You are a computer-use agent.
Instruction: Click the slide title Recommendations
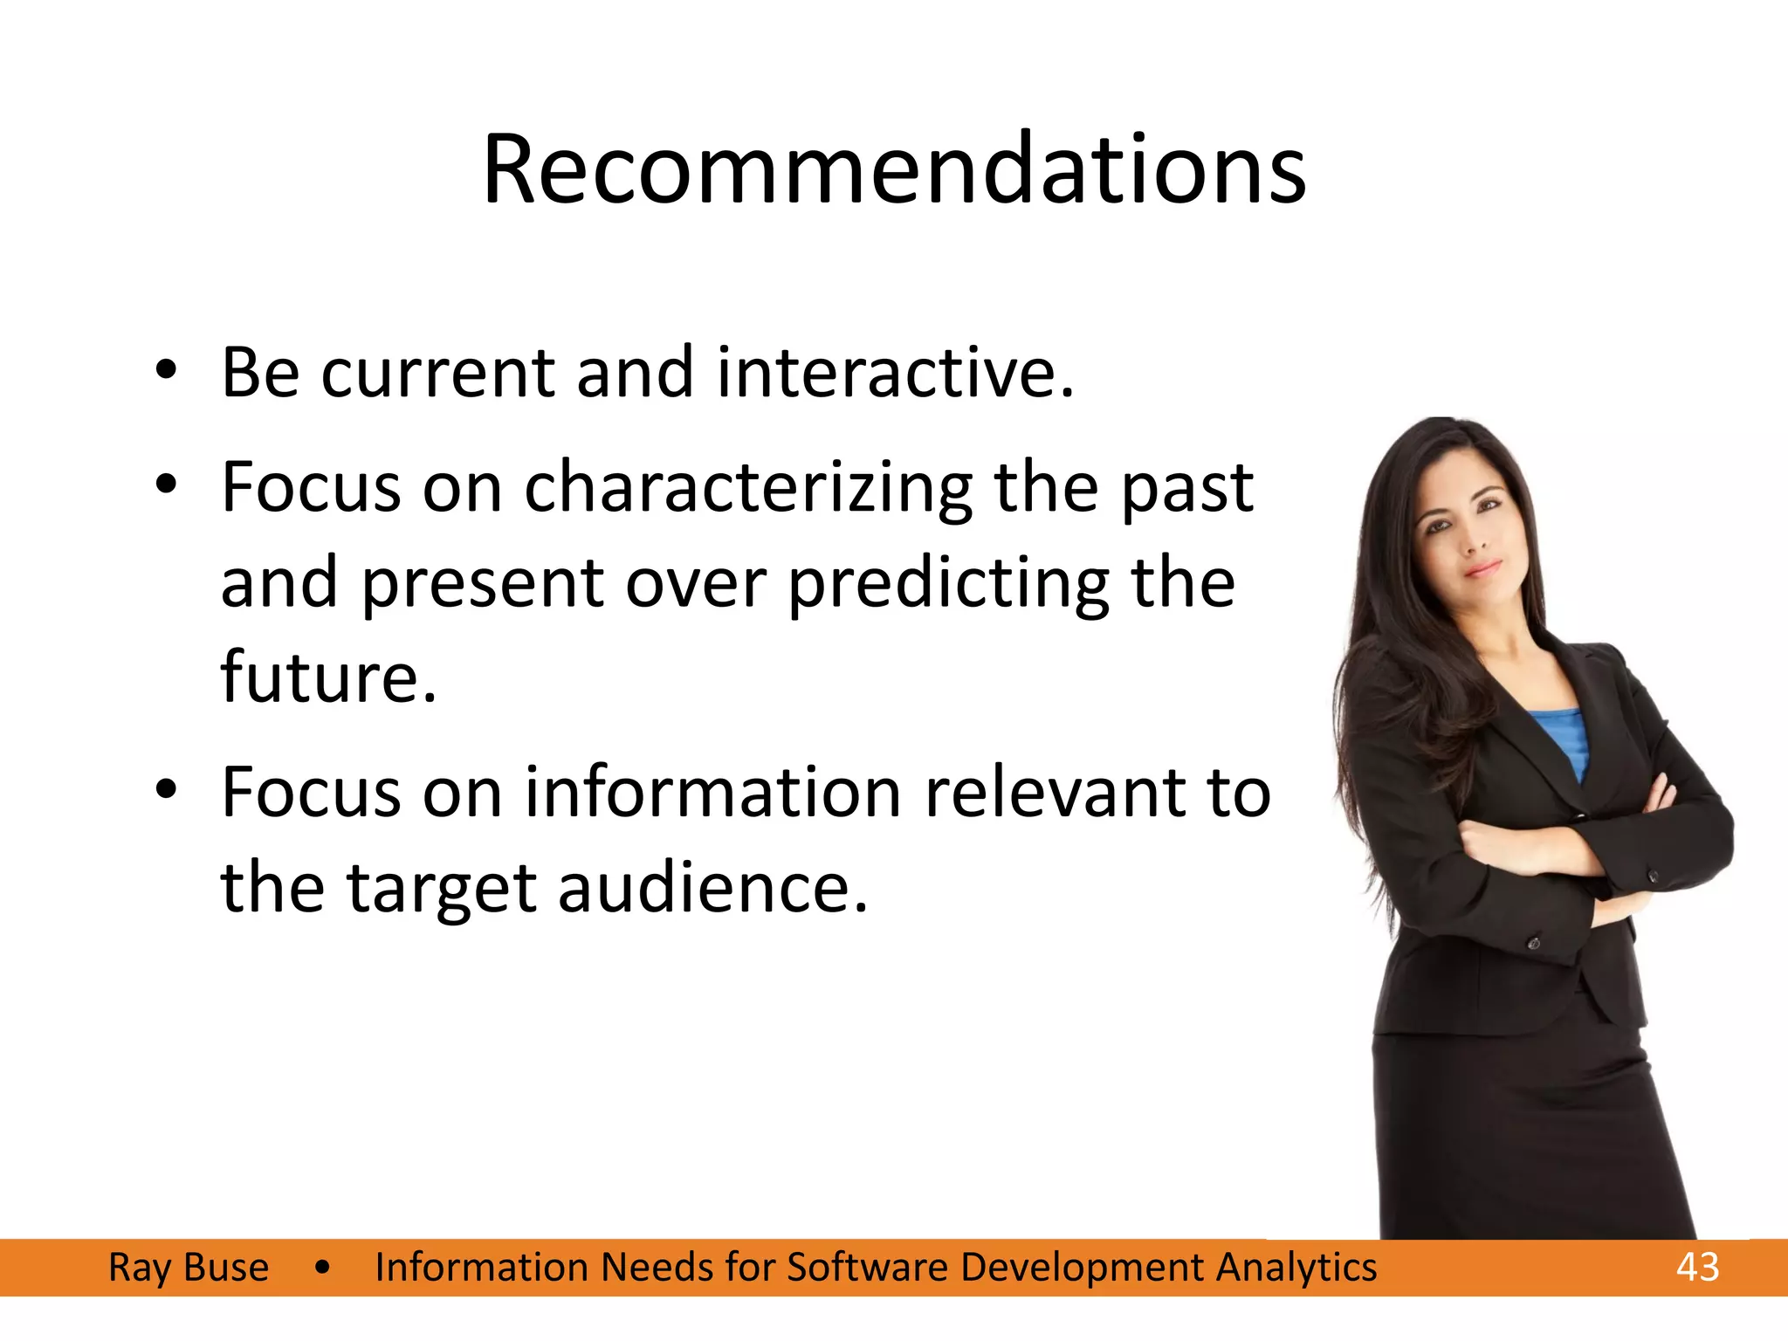pos(893,169)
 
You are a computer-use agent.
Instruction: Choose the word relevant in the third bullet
pos(1053,793)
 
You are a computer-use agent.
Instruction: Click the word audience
pos(712,889)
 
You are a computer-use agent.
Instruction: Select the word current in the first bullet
pos(437,374)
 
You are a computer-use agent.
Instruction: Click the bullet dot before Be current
pos(166,373)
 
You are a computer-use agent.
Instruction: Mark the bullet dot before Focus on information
pos(166,790)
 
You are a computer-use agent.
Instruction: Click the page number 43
pos(1697,1267)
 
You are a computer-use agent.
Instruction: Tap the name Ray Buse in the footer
pos(189,1268)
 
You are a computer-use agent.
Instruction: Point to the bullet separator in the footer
pos(322,1268)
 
